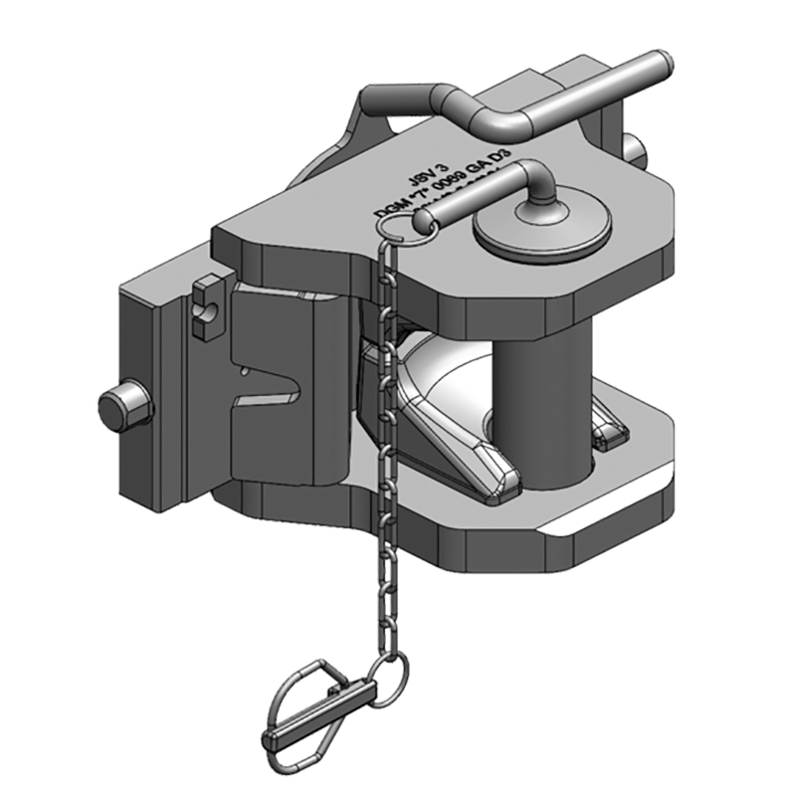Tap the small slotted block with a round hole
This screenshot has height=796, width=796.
click(x=208, y=305)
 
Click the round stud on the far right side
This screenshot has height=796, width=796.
click(x=637, y=151)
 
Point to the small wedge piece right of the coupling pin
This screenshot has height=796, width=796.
click(x=609, y=429)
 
